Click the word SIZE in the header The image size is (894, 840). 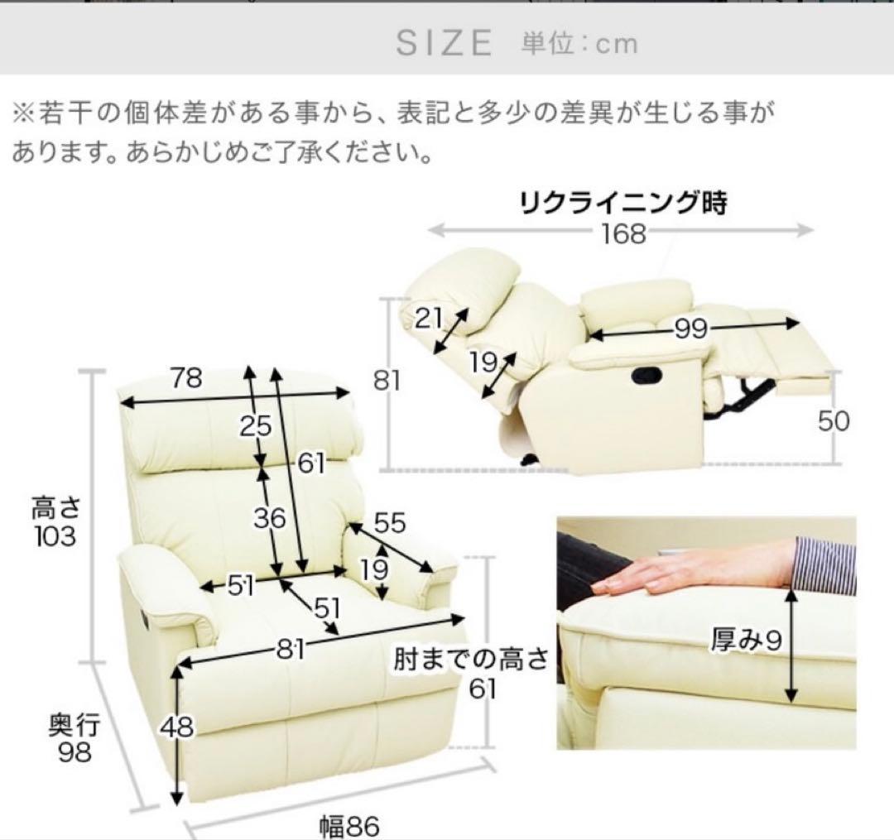444,43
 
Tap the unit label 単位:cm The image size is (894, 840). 579,43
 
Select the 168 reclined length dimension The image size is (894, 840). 622,233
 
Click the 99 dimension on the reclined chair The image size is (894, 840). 690,329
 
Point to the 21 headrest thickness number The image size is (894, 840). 430,319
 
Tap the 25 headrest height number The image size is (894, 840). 256,426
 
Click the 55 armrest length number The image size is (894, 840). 390,522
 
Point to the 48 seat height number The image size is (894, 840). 177,727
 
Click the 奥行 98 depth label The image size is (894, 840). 74,739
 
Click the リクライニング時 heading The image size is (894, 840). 622,204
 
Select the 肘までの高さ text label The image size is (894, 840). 470,660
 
